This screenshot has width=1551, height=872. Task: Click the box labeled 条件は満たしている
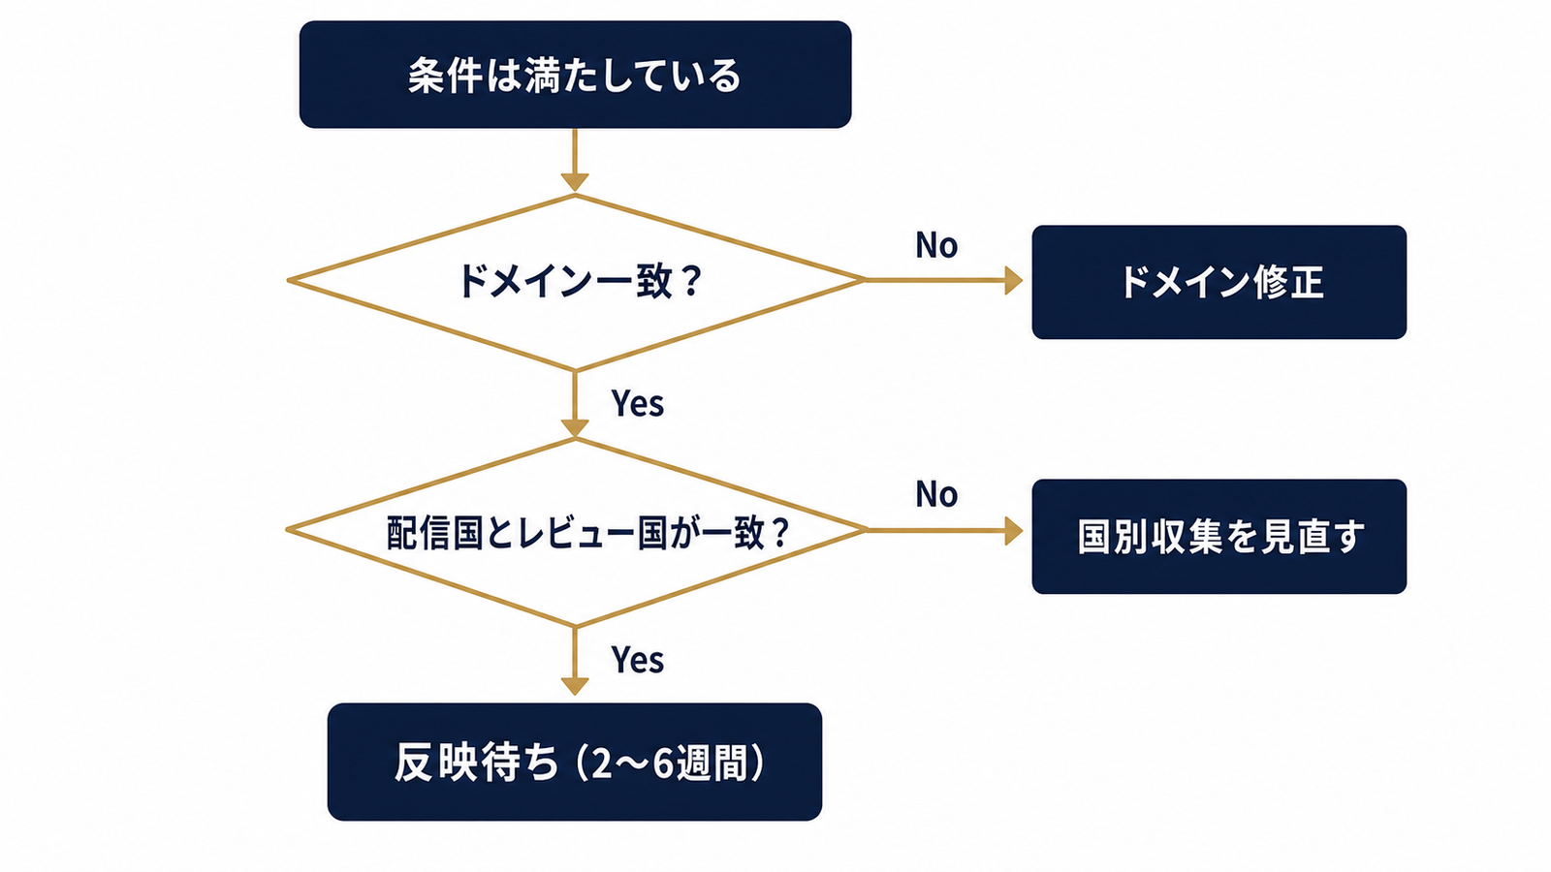point(575,75)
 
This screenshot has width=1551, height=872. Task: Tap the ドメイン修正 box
point(1219,282)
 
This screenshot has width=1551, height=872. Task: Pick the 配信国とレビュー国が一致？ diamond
point(576,532)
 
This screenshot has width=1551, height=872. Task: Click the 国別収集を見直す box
point(1219,537)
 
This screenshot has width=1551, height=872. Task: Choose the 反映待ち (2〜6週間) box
point(575,762)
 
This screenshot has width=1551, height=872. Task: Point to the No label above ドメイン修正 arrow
point(936,245)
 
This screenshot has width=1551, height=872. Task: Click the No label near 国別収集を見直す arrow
point(936,494)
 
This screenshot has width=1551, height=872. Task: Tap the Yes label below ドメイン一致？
point(637,403)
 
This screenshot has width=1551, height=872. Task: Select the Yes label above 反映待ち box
point(637,659)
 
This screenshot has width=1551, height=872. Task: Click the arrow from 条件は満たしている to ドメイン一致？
point(575,160)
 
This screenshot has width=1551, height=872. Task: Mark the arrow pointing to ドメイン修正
point(944,280)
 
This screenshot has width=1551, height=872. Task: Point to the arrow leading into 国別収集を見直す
point(944,531)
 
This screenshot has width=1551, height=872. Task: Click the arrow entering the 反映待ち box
point(575,661)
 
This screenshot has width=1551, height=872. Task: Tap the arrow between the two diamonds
point(575,403)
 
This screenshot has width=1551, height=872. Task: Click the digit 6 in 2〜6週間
point(663,763)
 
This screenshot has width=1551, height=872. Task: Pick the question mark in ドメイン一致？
point(689,282)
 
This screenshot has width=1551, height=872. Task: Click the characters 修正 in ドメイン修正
point(1290,282)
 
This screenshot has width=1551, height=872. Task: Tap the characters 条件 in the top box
point(445,75)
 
